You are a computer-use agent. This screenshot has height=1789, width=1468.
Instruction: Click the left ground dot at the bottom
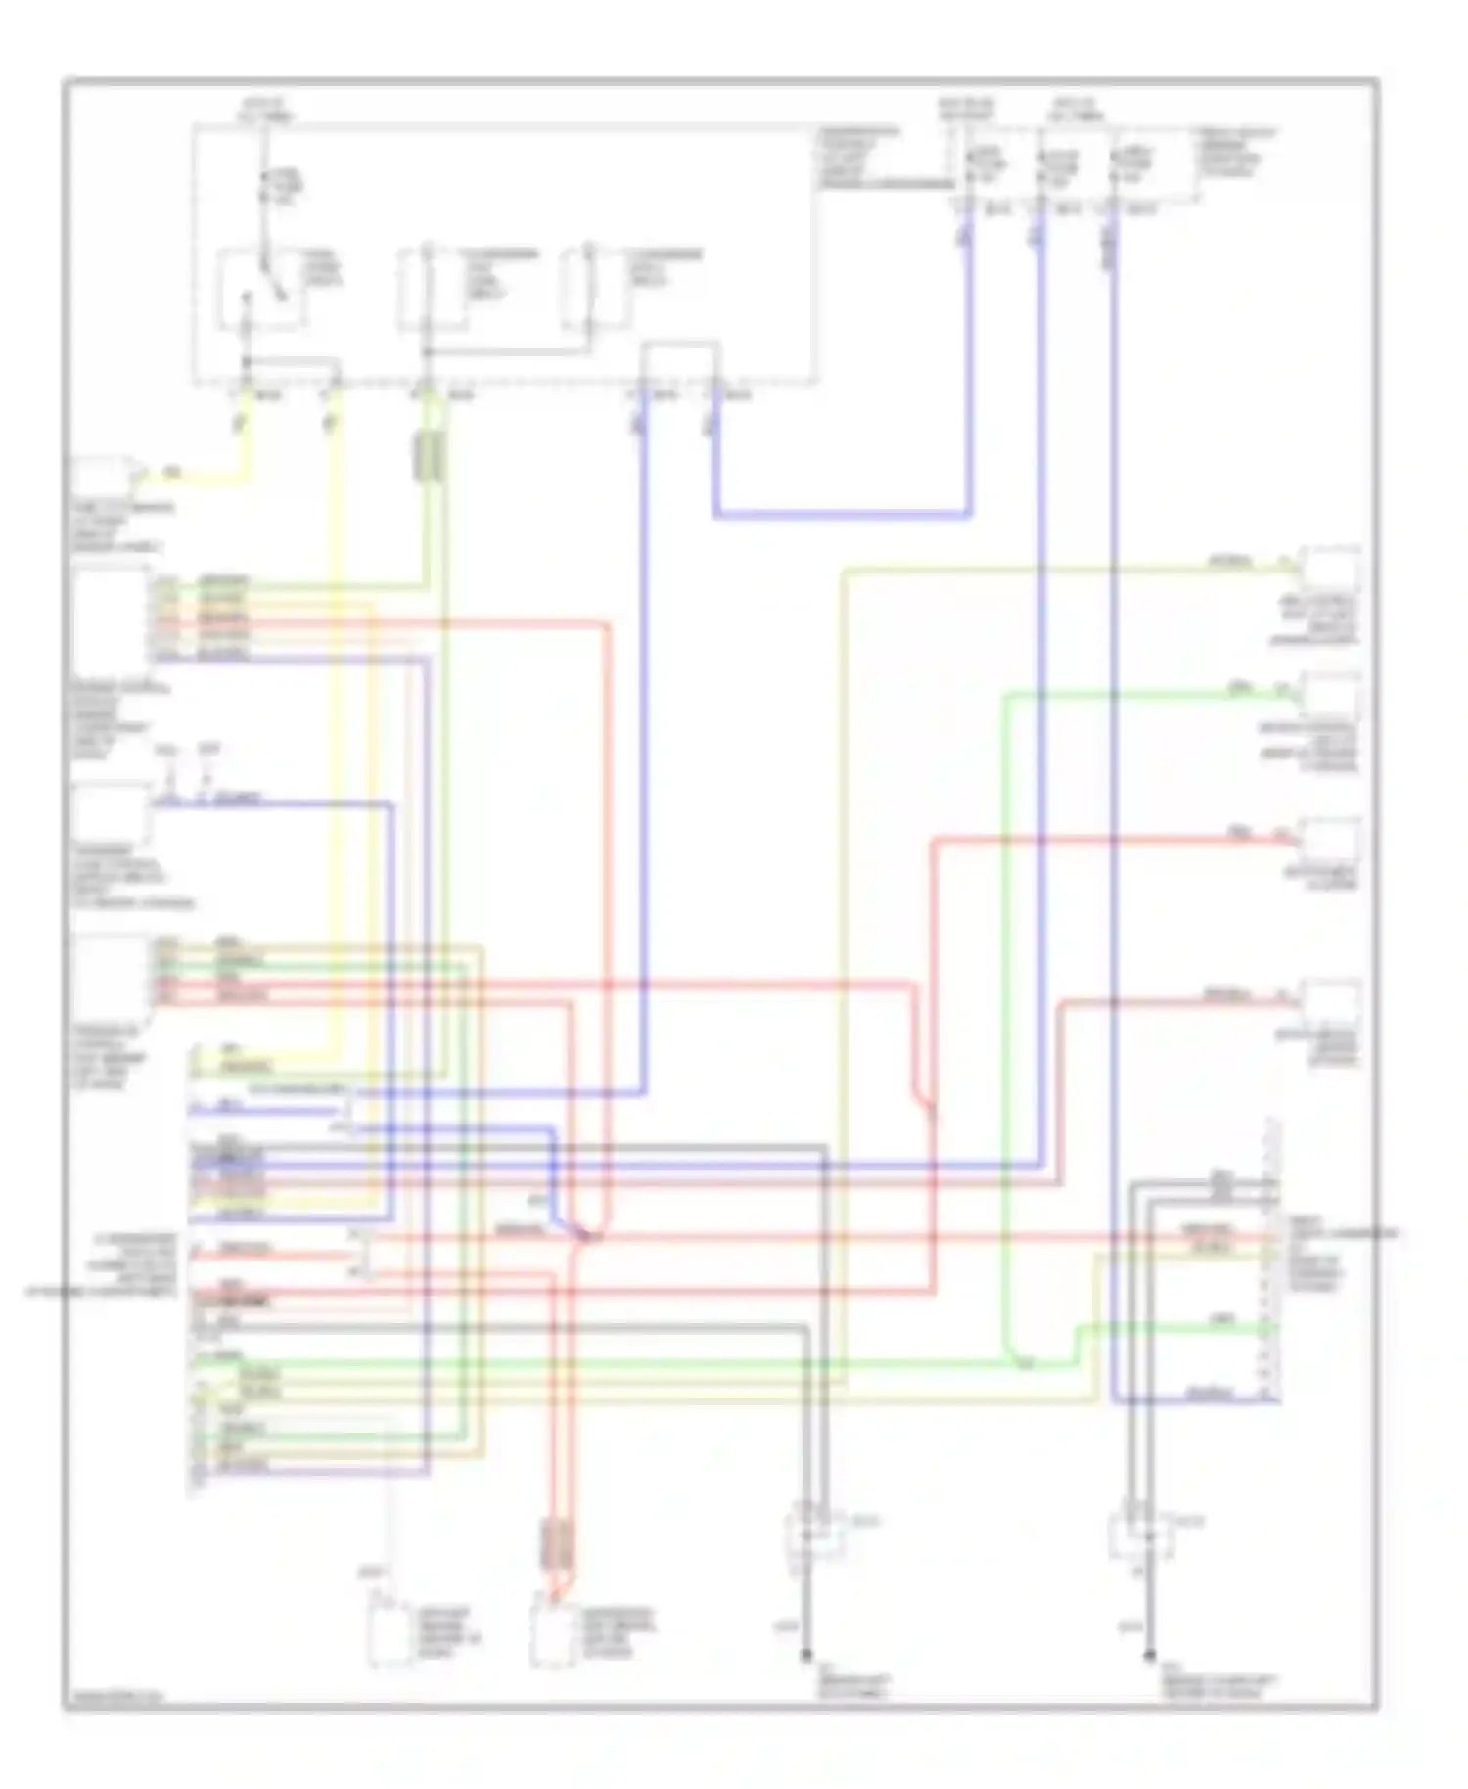806,1656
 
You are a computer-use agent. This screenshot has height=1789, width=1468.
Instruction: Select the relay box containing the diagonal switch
259,289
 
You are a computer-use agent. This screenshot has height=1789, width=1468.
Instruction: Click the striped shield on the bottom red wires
557,1546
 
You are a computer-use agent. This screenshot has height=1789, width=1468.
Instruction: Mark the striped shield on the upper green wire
431,456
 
